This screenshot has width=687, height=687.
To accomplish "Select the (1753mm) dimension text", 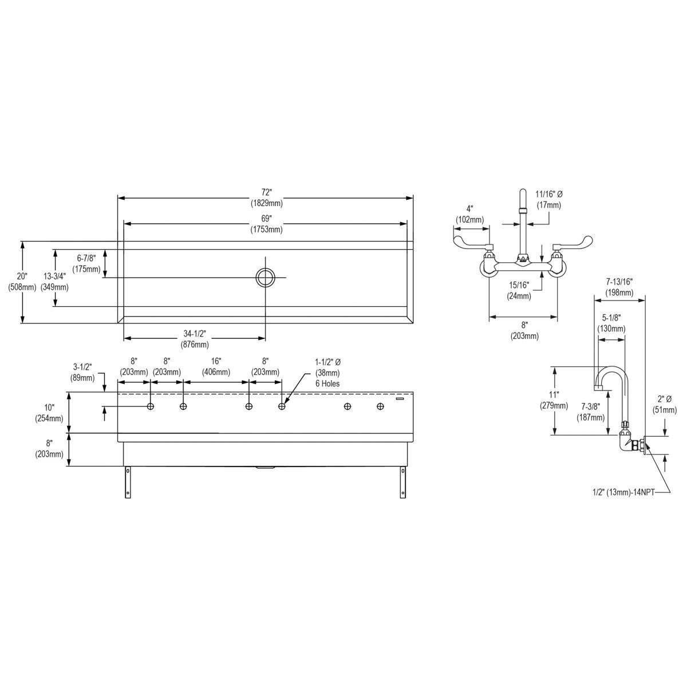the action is [266, 229].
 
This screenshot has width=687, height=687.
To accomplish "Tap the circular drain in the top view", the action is [266, 277].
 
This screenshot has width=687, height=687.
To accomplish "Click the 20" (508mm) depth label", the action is [22, 281].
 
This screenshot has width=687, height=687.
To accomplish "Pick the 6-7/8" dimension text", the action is [86, 258].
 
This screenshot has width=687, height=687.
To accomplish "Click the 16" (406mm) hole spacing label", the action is [216, 366].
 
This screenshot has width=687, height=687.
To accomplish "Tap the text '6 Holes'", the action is [327, 384].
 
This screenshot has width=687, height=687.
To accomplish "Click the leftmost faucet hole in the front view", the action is [151, 406].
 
